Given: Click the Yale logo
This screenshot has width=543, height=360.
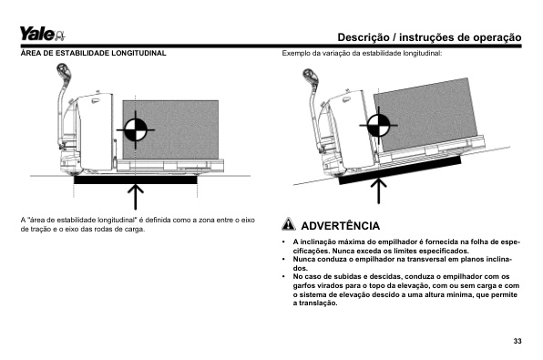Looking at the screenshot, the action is [x=42, y=34].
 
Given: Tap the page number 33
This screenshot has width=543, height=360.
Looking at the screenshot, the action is [x=517, y=341].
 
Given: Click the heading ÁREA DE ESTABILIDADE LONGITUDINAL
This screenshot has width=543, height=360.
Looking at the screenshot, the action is [x=93, y=53].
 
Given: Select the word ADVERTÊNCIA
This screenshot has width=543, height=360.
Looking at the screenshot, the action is [x=341, y=226].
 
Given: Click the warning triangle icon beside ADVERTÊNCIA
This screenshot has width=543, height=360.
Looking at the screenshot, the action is [x=289, y=224].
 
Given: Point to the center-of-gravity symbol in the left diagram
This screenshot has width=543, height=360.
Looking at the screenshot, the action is [x=136, y=130].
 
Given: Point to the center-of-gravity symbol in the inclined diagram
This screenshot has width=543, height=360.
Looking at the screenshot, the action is [x=378, y=125].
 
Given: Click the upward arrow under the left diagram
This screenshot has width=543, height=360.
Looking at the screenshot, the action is [x=136, y=197].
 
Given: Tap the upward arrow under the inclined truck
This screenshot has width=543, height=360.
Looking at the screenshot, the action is [x=378, y=190].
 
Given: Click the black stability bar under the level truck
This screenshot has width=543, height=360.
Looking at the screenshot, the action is [x=136, y=180].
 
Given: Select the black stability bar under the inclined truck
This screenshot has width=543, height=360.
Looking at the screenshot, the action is [x=400, y=170].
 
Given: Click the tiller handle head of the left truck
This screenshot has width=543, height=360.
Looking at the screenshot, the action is [x=64, y=71].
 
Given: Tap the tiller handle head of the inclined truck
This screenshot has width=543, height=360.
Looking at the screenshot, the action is [x=311, y=77].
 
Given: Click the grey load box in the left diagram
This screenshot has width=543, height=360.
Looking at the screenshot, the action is [x=170, y=130].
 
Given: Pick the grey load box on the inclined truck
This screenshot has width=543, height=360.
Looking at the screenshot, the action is [x=426, y=114].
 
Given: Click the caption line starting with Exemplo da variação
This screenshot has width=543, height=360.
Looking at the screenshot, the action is [x=362, y=54].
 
